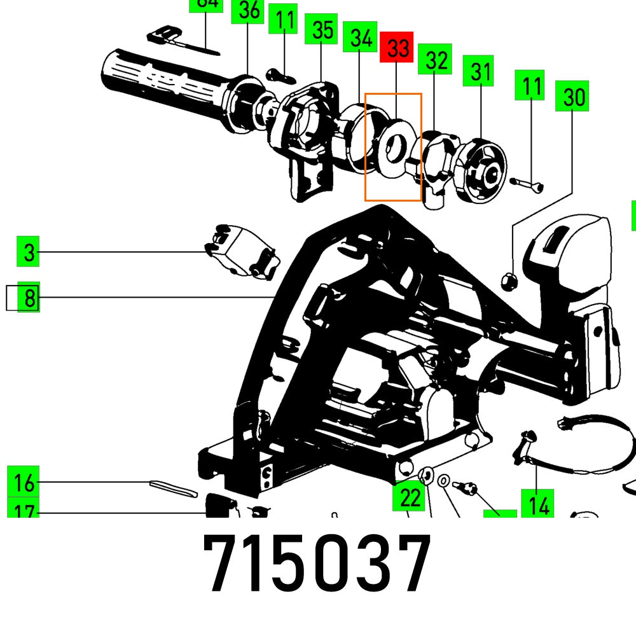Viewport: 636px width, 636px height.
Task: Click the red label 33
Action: tap(397, 48)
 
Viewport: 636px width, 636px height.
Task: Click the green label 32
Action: tap(435, 60)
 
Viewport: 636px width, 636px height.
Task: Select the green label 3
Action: tap(29, 251)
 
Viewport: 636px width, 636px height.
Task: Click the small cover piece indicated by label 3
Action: tap(242, 249)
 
